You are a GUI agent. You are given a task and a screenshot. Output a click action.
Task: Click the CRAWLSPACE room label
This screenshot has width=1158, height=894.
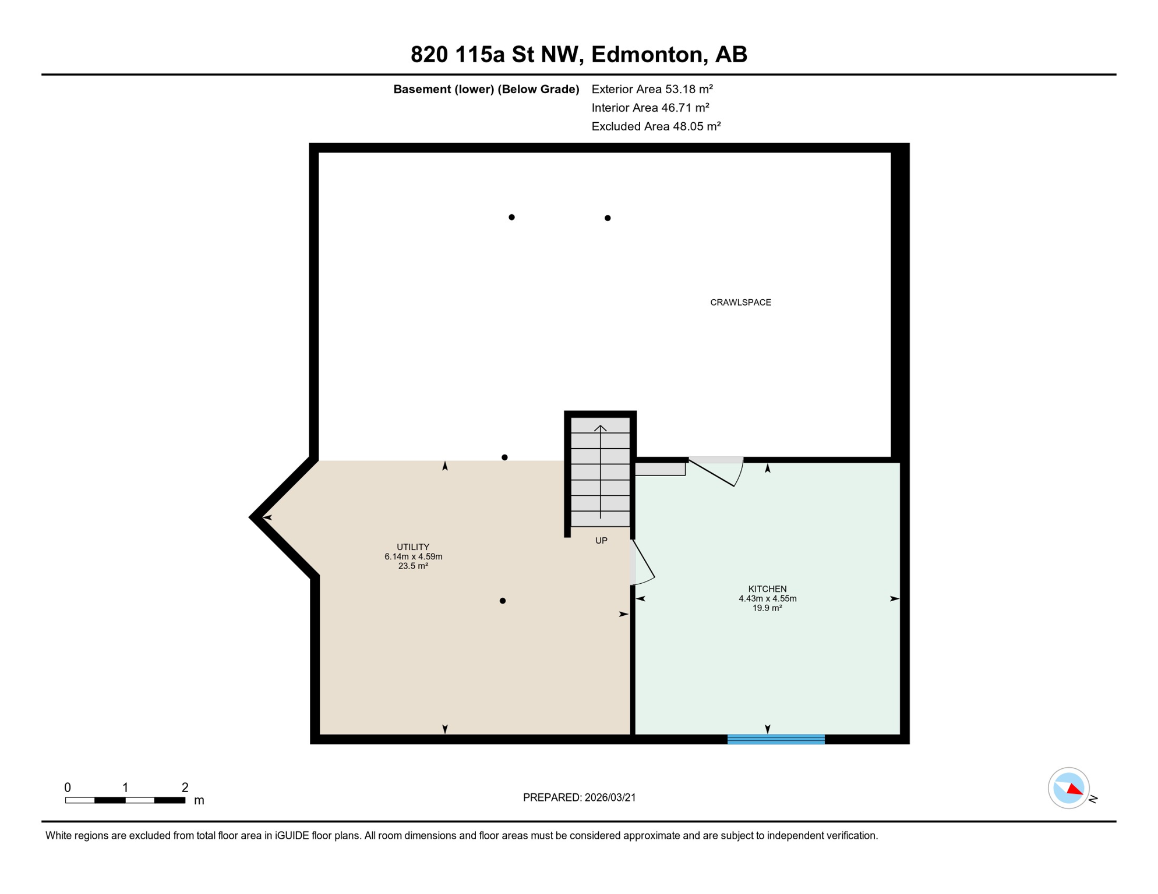point(740,303)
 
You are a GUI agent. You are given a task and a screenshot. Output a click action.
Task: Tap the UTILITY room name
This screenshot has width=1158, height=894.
point(413,547)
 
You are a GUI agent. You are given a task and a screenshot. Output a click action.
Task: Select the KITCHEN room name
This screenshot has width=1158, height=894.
point(767,589)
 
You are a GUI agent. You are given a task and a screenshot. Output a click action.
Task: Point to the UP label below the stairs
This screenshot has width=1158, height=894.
point(601,541)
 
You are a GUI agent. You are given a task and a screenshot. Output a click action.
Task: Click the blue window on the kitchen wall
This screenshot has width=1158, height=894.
point(776,739)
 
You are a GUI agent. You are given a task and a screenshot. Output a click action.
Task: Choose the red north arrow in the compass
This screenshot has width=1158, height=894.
point(1075,789)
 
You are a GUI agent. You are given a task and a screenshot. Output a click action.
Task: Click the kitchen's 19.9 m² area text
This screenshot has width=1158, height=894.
point(767,608)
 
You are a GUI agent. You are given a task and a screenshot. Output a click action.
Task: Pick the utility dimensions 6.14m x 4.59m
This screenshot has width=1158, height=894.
point(413,557)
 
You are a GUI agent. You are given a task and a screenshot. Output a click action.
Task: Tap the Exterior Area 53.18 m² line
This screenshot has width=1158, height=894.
point(652,89)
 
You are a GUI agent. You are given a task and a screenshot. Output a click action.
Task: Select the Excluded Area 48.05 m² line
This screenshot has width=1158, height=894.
point(656,126)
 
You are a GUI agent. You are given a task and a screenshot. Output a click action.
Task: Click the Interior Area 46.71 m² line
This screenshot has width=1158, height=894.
point(650,108)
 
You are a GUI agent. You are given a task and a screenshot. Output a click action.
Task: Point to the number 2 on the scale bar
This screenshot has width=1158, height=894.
point(185,787)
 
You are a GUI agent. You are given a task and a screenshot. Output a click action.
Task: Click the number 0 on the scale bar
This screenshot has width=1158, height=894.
point(68,787)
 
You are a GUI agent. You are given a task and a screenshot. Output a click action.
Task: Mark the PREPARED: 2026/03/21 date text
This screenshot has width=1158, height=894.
point(579,797)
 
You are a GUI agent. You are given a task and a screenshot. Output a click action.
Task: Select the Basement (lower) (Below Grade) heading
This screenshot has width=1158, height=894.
point(486,89)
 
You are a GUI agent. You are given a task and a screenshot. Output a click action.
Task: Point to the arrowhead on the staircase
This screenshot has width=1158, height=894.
point(600,429)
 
